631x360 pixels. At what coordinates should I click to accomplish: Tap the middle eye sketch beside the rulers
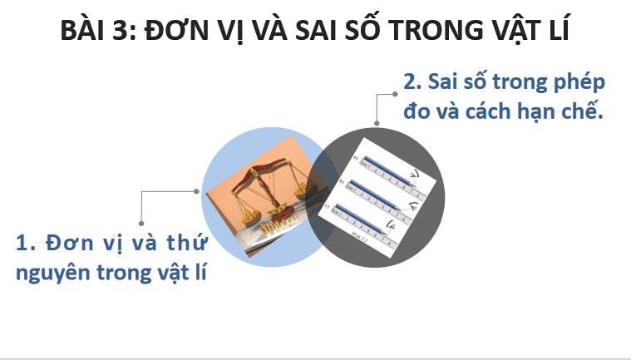tap(412, 203)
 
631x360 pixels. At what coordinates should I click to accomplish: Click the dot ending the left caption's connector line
tap(196, 190)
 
